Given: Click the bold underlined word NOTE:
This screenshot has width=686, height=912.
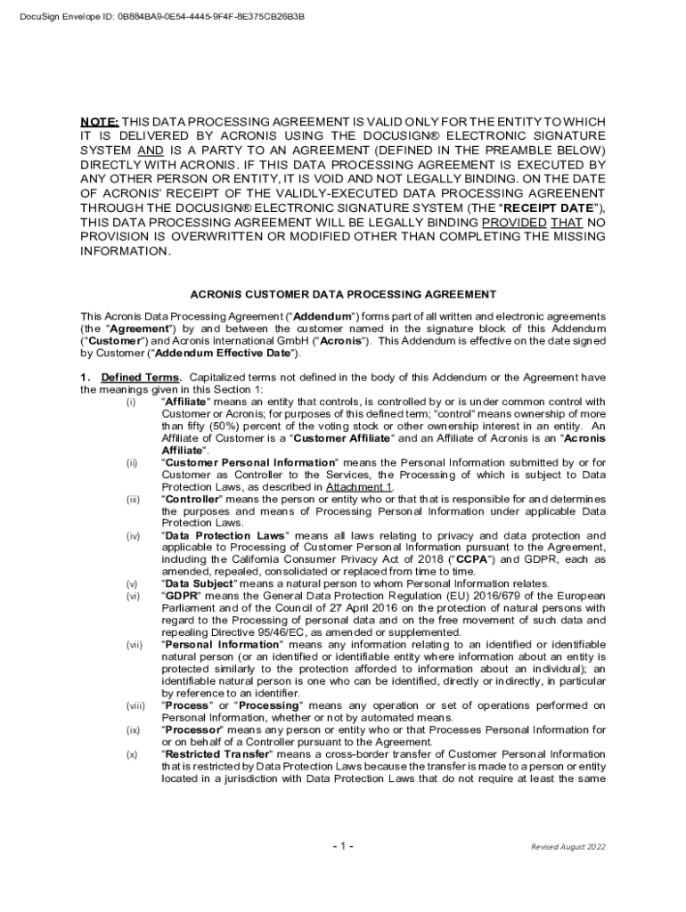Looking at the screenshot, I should point(99,122).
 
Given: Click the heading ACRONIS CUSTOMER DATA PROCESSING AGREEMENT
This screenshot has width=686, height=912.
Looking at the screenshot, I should point(343,294).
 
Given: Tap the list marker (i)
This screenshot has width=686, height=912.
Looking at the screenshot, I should point(131,402).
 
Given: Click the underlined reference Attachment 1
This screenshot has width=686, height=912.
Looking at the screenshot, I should point(358,487).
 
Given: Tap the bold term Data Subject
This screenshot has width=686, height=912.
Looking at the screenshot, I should point(198,584).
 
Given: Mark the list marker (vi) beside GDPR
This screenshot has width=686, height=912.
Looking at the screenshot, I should point(133,596).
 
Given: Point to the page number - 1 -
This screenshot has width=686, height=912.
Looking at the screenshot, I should point(342,846).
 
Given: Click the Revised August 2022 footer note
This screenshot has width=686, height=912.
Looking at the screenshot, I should point(568,847).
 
